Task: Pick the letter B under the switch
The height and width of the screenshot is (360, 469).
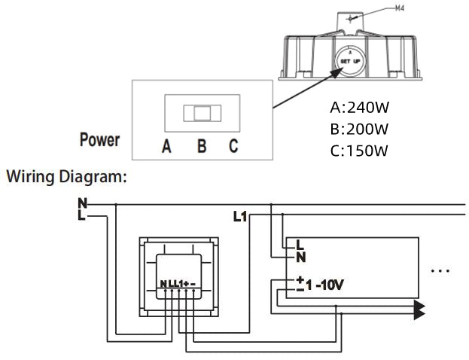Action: [202, 146]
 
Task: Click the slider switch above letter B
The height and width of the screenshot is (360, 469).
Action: [202, 113]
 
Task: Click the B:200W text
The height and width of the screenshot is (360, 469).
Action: [359, 128]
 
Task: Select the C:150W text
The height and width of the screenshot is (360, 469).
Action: [359, 150]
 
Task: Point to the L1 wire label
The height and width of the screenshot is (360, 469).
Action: [240, 217]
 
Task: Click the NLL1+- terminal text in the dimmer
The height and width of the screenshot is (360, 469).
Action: [178, 284]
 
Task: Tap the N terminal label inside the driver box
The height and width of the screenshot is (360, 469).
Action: [300, 256]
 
